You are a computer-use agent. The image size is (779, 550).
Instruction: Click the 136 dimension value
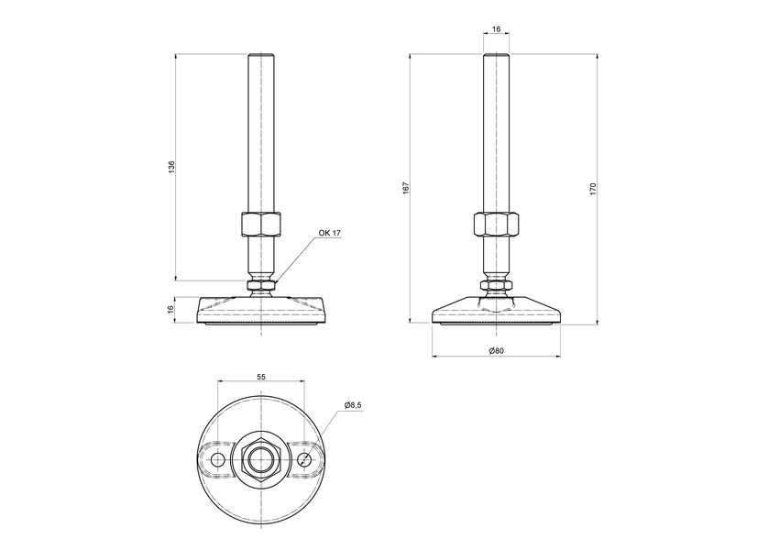tap(171, 166)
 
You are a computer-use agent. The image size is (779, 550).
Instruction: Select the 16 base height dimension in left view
tap(171, 310)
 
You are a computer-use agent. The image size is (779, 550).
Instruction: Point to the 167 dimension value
tap(405, 188)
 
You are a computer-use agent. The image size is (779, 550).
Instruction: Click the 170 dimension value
tap(594, 188)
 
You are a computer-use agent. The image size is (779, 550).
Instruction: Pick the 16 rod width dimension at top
tap(496, 30)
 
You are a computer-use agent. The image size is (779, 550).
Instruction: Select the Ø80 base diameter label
tap(496, 350)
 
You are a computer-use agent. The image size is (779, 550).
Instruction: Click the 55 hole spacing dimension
tap(261, 377)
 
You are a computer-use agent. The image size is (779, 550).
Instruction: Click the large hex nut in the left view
tap(261, 225)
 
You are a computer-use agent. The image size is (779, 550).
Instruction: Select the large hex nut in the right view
tap(496, 225)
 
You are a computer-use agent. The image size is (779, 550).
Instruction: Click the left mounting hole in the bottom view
tap(218, 458)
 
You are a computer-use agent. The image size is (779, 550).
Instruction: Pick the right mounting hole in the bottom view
tap(304, 458)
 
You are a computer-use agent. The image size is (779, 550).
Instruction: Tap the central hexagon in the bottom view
tap(261, 458)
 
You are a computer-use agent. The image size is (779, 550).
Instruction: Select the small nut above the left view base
tap(261, 287)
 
